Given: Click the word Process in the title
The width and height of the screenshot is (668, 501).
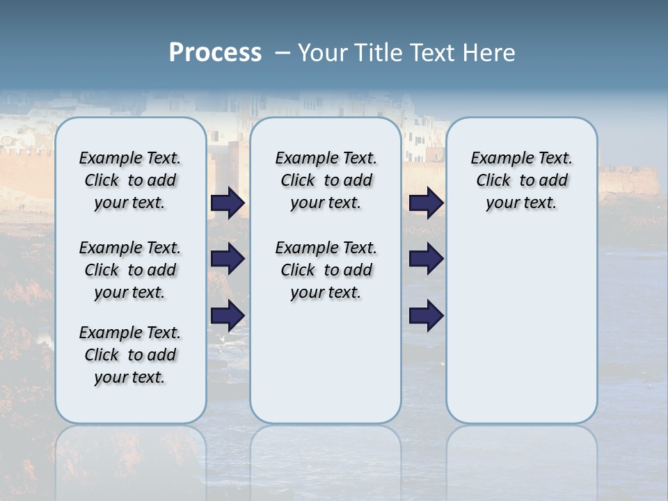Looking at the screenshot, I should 215,53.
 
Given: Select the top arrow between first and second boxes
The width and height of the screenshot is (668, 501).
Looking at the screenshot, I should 228,202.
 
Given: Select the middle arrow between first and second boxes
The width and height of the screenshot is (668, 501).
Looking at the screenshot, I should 228,259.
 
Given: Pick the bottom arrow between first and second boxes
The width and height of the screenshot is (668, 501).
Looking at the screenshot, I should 228,316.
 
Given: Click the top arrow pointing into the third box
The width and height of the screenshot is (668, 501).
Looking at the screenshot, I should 426,202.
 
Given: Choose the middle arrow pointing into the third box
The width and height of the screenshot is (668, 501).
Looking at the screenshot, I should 426,259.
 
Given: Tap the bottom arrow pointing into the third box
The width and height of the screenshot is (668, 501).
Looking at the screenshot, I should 426,316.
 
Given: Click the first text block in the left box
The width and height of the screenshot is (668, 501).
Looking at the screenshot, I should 130,180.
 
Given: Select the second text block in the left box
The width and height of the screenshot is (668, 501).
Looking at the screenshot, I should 130,270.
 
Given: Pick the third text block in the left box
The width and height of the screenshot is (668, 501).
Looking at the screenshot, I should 130,355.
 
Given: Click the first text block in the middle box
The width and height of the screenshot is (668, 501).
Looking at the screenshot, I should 326,180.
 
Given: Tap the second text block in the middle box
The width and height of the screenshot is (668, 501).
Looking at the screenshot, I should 326,270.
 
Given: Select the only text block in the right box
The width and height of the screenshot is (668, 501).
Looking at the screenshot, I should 521,180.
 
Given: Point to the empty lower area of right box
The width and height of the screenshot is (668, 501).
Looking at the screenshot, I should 521,334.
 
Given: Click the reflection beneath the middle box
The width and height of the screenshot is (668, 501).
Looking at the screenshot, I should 326,452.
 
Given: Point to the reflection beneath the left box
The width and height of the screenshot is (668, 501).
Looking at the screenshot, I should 130,452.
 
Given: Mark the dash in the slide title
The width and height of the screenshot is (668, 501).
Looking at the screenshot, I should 283,53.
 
